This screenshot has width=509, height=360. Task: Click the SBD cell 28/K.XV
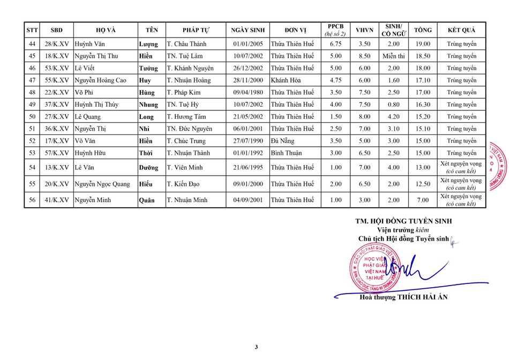(56, 44)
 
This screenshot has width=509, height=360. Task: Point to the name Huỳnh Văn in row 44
(88, 44)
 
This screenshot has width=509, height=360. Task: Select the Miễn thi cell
(393, 56)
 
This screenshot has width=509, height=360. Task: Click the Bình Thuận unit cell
(287, 153)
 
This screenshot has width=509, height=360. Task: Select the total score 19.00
(423, 44)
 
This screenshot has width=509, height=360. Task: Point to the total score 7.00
(423, 200)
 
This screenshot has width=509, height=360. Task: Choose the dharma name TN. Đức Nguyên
(190, 129)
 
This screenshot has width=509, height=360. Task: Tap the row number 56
(32, 200)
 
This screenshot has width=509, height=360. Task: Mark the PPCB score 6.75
(335, 44)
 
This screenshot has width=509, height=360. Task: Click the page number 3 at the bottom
(256, 348)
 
